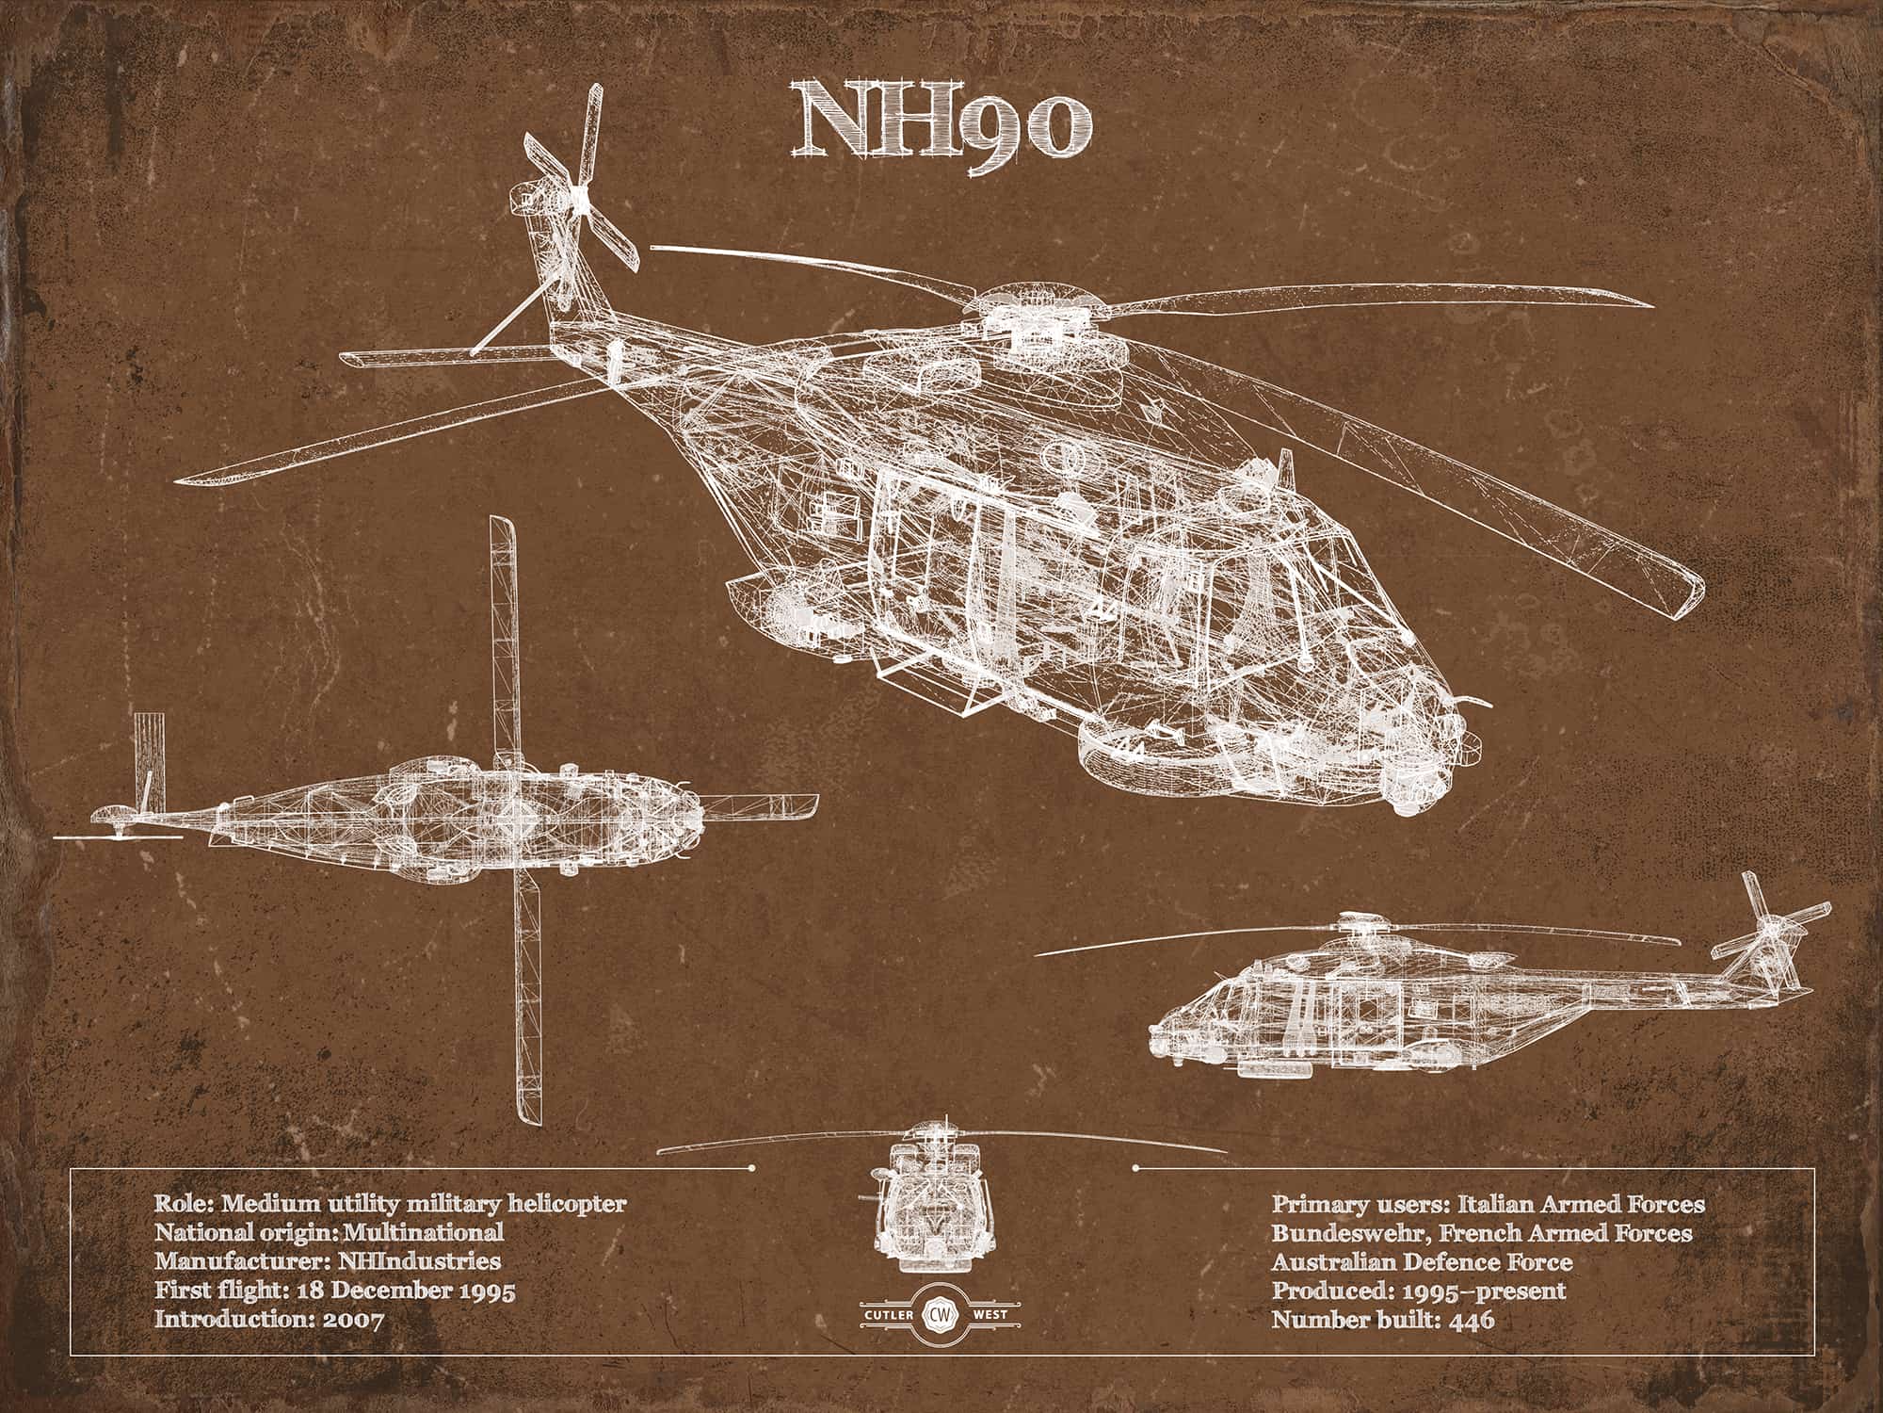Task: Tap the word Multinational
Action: pos(425,1231)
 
